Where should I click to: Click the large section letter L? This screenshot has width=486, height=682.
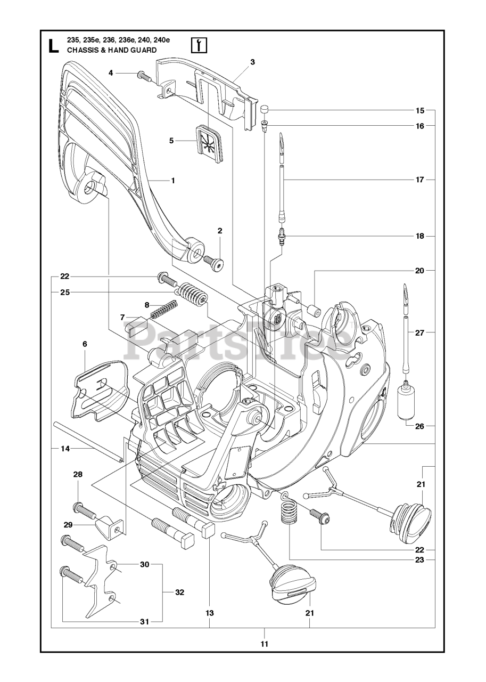pos(53,45)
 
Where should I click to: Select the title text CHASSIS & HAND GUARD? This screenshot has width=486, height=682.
pos(111,50)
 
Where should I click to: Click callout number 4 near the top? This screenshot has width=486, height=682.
pos(111,72)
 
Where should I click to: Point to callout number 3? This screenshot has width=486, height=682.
pos(252,62)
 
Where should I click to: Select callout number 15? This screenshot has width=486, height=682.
pos(420,111)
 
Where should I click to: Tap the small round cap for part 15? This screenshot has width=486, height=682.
pos(265,110)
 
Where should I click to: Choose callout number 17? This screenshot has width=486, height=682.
pos(420,180)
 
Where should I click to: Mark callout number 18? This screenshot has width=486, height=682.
pos(420,236)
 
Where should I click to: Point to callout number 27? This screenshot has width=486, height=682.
pos(420,332)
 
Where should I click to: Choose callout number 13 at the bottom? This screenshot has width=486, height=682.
pos(210,613)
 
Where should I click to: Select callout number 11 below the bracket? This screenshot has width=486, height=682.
pos(265,644)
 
